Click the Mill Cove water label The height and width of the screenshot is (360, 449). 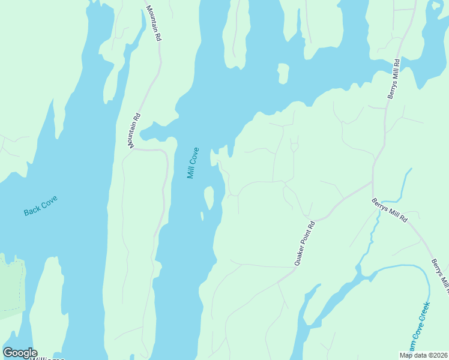click(x=192, y=163)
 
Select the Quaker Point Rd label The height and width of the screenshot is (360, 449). click(x=304, y=244)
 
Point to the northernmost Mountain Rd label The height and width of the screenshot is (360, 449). click(x=154, y=23)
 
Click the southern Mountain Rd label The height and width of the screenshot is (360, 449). click(x=134, y=131)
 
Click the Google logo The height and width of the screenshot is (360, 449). click(x=20, y=352)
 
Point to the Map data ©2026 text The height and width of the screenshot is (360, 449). click(x=423, y=355)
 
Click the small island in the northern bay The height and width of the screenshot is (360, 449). click(x=283, y=74)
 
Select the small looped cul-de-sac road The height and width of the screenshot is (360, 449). click(x=294, y=146)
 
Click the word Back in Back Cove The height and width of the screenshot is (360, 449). click(x=32, y=211)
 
